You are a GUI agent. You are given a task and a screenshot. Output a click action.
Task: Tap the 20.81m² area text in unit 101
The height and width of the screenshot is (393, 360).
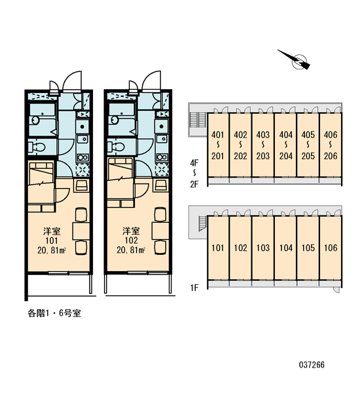click(52, 250)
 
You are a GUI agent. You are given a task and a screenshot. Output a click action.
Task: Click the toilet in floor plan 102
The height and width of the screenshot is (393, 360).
click(117, 147)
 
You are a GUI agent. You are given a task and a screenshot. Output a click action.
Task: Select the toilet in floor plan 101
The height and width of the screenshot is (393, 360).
click(37, 147)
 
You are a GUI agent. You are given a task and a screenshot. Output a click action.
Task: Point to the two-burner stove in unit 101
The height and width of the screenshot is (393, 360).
click(82, 157)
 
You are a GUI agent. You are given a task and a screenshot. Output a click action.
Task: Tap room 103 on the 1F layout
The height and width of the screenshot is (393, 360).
click(262, 248)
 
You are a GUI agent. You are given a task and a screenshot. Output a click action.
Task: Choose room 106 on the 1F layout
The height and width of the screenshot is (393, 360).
click(331, 248)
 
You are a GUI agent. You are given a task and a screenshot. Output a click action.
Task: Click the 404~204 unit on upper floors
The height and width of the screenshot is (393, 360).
click(285, 145)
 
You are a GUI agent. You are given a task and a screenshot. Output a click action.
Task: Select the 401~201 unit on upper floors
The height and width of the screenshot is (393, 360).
click(218, 145)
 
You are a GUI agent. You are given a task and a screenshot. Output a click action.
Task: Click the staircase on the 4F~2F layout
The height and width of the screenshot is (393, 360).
click(198, 120)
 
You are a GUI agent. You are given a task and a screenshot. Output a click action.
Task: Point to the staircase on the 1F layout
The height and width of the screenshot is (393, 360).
click(202, 223)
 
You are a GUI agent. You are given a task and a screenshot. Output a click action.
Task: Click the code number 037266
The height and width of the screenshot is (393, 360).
click(312, 364)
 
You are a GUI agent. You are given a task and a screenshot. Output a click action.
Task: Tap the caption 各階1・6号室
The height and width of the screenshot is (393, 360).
click(54, 313)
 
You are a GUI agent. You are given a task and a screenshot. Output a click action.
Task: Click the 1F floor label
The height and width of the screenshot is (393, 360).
click(194, 288)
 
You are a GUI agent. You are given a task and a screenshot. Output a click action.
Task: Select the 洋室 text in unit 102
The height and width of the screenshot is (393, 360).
click(131, 231)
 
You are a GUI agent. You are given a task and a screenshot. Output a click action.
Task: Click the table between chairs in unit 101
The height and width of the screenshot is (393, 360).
click(81, 231)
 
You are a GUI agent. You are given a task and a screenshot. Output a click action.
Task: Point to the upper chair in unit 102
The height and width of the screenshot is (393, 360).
click(160, 214)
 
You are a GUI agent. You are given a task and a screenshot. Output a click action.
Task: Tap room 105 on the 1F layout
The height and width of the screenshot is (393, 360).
click(308, 248)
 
